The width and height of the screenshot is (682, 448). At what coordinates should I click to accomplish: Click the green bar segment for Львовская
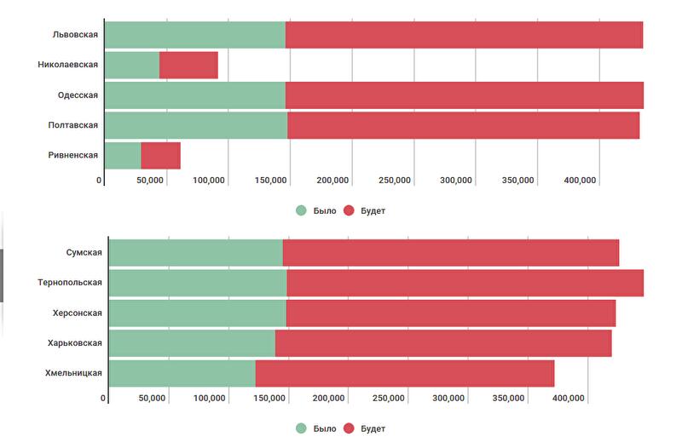pos(195,35)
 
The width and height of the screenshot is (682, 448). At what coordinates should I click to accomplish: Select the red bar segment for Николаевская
pos(188,65)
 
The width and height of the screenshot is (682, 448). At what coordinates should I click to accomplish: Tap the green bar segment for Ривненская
pos(123,155)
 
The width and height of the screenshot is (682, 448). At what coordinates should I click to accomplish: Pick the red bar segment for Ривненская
pos(160,155)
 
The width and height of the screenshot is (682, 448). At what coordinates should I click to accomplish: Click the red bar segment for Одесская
pos(464,95)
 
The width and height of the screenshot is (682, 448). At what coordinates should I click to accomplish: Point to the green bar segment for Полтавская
pos(196,125)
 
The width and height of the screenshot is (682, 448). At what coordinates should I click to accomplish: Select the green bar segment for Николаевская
pos(132,65)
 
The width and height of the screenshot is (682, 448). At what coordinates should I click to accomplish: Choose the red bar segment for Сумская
pos(450,253)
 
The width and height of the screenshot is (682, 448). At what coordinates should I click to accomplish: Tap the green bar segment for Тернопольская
pos(198,283)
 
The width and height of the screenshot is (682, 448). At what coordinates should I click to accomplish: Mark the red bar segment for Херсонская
pos(450,313)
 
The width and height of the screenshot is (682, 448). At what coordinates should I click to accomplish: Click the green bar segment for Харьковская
pos(192,342)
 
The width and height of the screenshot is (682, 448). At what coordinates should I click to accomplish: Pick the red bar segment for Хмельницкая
pos(404,373)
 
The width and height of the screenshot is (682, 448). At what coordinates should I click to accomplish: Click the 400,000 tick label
pos(580,181)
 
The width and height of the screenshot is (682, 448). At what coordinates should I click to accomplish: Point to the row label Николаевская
pos(68,65)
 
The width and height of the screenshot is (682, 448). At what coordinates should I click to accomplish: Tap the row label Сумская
pos(84,253)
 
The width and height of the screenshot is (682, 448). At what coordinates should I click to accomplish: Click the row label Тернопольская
pos(70,283)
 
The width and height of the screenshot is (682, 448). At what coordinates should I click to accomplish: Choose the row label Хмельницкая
pos(74,373)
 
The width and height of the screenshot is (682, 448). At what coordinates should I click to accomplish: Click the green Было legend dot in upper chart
pos(301,210)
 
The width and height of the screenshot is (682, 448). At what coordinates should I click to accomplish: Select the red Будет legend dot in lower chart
pos(349,428)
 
